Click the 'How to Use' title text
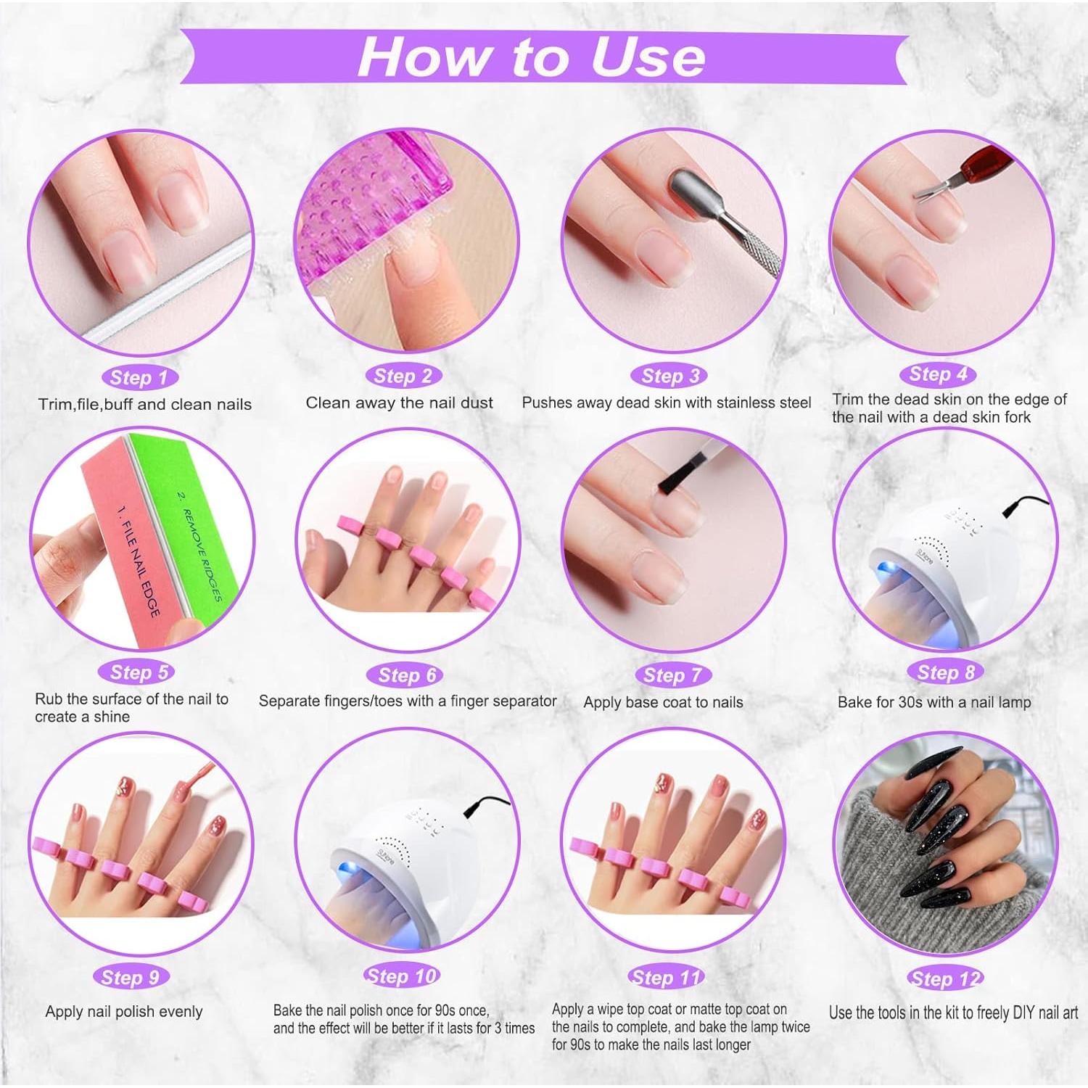531,56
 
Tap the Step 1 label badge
139,377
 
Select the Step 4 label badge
938,374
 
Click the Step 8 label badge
945,672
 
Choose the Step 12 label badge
945,978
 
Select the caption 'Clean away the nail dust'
399,403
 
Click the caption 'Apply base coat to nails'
663,702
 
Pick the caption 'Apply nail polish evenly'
124,1011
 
